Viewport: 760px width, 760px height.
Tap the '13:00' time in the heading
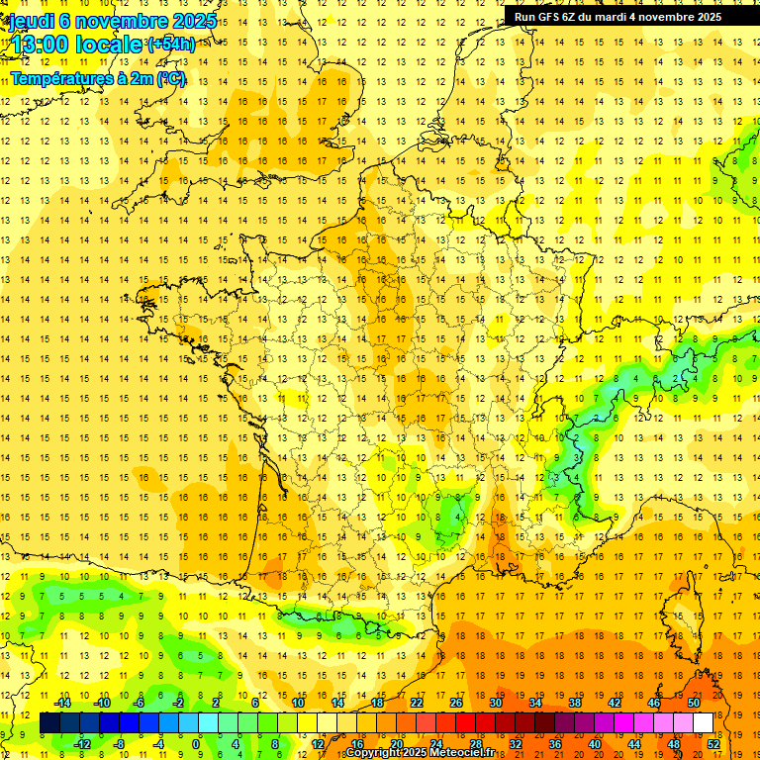[40, 45]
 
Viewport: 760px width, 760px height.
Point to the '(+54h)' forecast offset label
[171, 45]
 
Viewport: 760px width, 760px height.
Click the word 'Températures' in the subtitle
[61, 79]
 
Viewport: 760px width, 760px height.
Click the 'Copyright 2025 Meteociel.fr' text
[421, 753]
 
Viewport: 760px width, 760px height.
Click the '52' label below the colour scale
[713, 743]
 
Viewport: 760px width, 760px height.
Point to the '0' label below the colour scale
[196, 743]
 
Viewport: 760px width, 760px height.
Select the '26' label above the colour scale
[456, 703]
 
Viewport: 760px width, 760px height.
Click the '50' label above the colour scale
[694, 703]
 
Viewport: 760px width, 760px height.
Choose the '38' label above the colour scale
[575, 703]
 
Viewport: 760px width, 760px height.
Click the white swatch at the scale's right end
[704, 723]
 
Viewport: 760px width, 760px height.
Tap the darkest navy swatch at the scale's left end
[50, 723]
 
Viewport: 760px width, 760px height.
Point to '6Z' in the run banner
[577, 17]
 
